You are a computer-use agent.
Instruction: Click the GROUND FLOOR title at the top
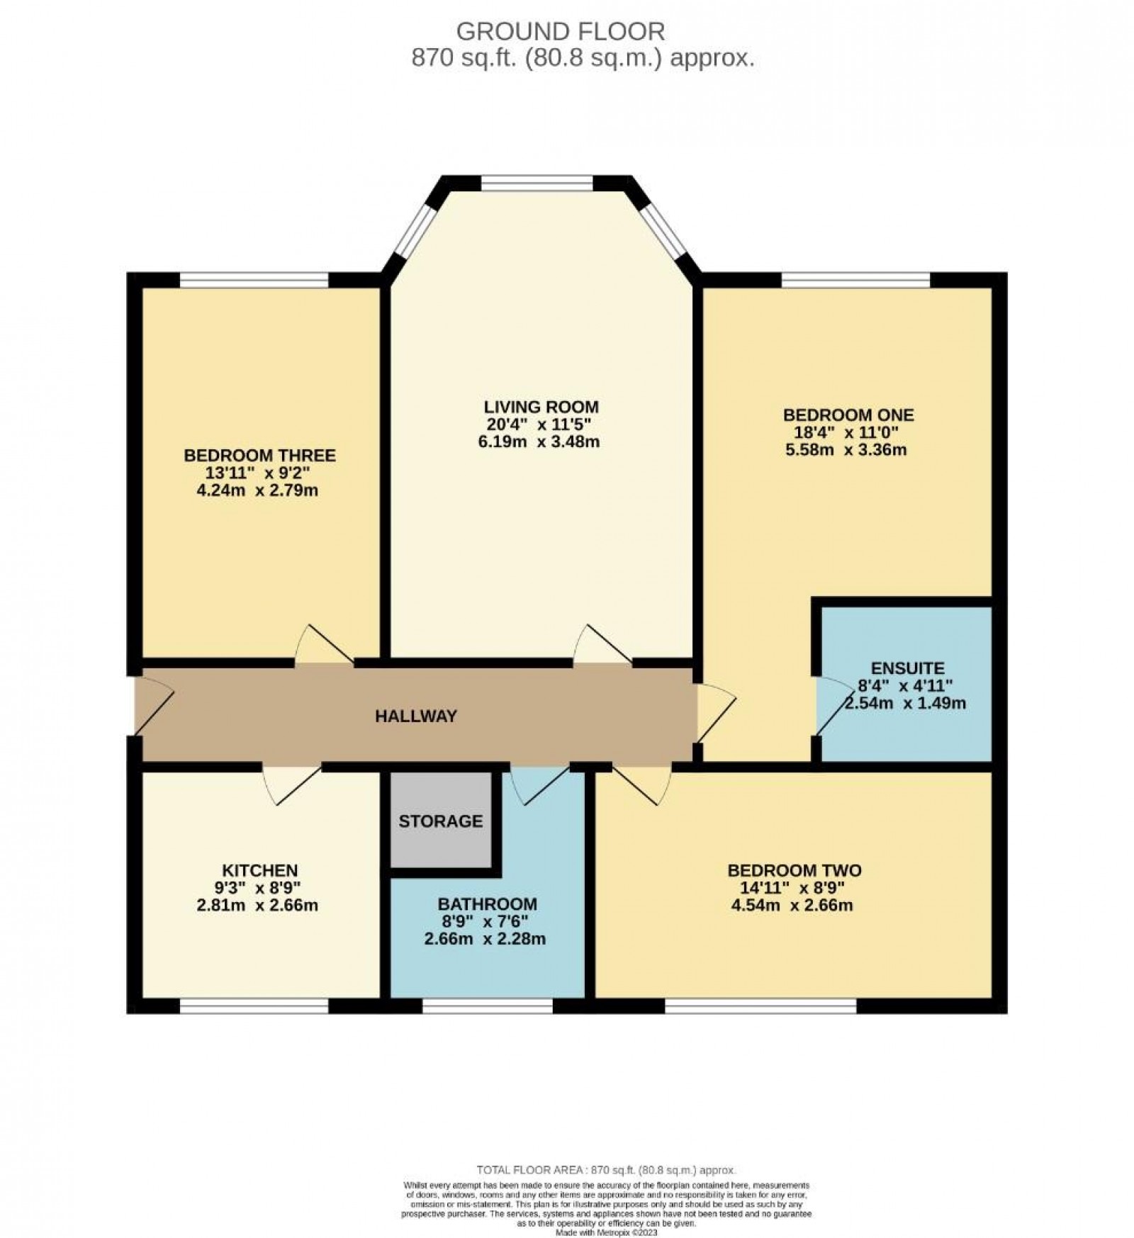coord(560,31)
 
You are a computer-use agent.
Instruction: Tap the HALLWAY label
coord(415,716)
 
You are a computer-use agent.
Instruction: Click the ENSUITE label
coord(908,668)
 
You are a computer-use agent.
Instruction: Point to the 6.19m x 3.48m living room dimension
coord(541,442)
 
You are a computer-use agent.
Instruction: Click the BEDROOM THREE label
coord(259,455)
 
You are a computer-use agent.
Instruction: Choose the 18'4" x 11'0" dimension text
coord(848,432)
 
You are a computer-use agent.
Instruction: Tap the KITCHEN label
coord(259,870)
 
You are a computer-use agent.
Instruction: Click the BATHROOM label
coord(487,904)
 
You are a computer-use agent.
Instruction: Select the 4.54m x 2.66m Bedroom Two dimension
coord(794,905)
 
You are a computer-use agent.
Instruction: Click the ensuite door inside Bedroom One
coord(826,705)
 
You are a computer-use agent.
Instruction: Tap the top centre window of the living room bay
coord(537,184)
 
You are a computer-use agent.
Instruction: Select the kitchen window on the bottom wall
coord(254,1005)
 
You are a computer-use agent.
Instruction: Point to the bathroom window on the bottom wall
coord(488,1005)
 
